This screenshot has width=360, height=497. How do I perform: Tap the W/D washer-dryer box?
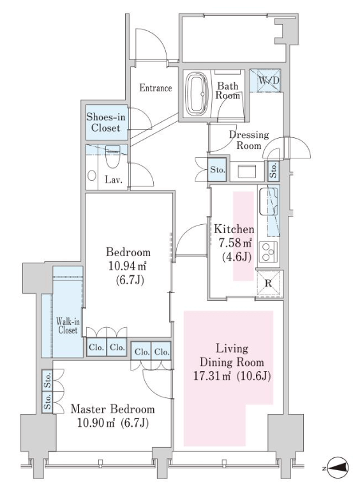click(x=266, y=80)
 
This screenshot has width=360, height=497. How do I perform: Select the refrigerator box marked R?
click(x=269, y=283)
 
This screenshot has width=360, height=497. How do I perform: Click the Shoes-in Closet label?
click(x=106, y=123)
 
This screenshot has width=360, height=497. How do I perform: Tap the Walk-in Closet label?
click(x=68, y=326)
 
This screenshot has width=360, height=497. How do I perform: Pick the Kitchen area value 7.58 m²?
click(x=236, y=243)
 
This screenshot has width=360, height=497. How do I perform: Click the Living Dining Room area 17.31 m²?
click(x=213, y=376)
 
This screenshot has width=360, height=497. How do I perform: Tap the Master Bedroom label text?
click(x=113, y=409)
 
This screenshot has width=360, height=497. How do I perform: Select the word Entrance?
click(x=156, y=88)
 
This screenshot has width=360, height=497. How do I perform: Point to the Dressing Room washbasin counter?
click(x=247, y=171)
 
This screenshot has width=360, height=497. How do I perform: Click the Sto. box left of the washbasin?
click(x=218, y=169)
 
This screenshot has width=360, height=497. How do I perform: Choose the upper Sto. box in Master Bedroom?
click(x=47, y=380)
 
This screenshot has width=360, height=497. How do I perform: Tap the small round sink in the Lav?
click(x=92, y=176)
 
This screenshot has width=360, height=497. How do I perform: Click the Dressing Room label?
click(x=249, y=140)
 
